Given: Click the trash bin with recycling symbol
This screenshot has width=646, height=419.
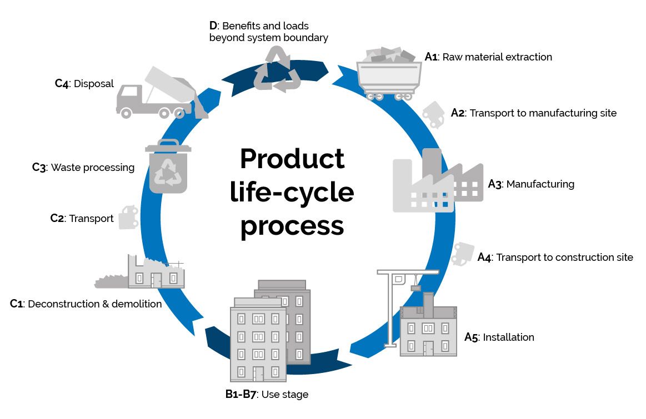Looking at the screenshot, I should coord(168,166).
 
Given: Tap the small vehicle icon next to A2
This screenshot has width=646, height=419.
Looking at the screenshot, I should coord(434,114).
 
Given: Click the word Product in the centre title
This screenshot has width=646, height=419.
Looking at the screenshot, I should coord(292,159).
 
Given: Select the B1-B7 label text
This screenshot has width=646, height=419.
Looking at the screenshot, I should coord(239,395).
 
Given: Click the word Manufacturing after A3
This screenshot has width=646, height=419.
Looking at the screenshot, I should coord(540,184).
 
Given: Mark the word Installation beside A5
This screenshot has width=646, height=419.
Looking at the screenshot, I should coord(508,337).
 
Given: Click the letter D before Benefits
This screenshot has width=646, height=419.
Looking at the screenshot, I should coord(213,26).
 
